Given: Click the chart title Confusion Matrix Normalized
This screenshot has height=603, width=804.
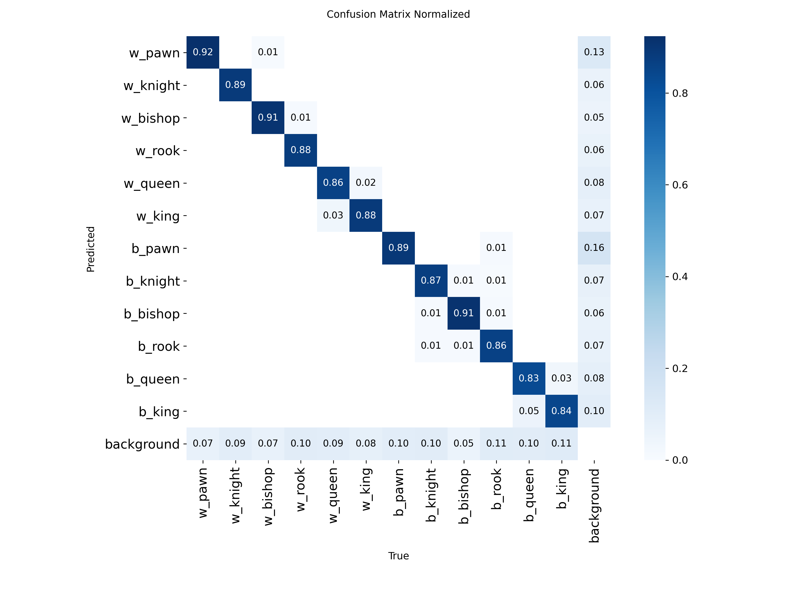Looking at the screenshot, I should coord(398,14).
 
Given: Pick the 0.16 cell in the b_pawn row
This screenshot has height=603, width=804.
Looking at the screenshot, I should coord(594,248).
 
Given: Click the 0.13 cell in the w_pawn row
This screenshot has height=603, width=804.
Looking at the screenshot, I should coord(594,52).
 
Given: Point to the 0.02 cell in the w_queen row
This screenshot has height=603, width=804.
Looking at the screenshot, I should coord(366,183).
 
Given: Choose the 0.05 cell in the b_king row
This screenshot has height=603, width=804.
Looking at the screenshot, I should coord(528,411).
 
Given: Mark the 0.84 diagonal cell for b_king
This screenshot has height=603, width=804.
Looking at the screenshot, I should coord(561,411).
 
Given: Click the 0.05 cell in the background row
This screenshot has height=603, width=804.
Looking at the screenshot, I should coord(463,444).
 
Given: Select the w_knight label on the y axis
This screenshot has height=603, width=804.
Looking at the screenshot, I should coord(152,86).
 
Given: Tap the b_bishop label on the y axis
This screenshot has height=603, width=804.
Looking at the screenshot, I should coord(152,314).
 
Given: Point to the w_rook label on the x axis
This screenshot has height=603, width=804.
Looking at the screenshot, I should coord(301,490).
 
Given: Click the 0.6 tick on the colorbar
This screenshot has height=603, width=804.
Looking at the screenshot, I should coord(680,185).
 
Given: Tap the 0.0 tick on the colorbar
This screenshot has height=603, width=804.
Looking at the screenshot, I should coord(680,460).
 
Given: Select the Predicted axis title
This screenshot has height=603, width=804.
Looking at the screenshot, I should coord(91,249).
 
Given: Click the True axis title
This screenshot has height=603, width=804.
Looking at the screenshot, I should coord(398,556).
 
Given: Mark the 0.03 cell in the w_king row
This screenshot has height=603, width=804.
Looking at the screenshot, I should coord(333,215).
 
